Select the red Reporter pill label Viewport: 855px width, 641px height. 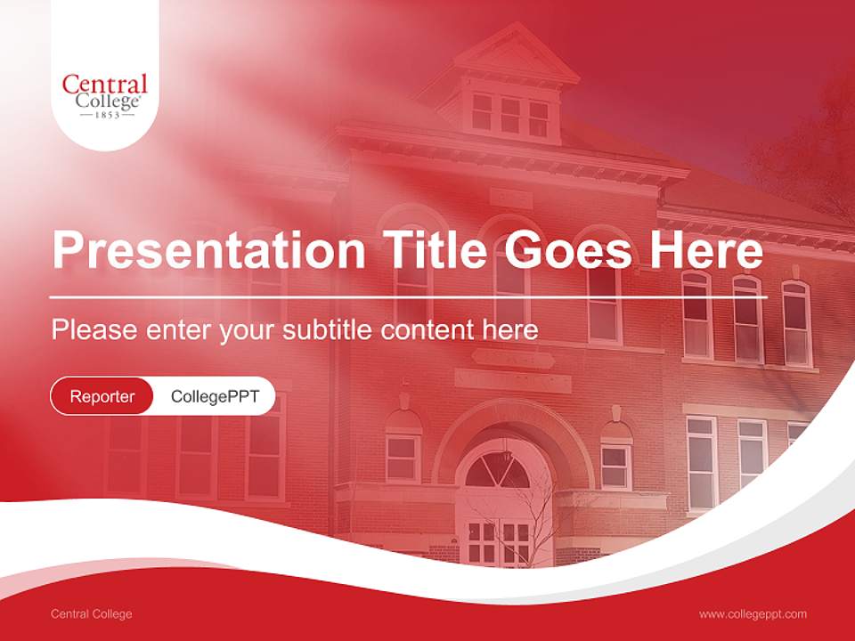(x=102, y=396)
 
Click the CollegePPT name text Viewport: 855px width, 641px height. (x=215, y=396)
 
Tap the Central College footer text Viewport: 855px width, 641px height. (x=91, y=613)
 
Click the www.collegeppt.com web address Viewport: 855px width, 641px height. (x=753, y=613)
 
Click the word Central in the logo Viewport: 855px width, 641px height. (x=105, y=85)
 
